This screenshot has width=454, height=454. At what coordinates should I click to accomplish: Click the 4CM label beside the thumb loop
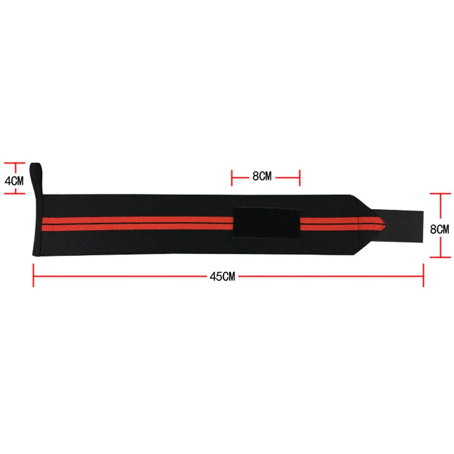(x=14, y=180)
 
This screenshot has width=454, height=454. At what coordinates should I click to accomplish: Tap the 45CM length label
(x=222, y=276)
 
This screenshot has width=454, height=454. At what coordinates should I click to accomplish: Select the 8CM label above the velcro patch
(x=262, y=176)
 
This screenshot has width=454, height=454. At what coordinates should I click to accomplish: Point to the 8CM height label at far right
(x=439, y=229)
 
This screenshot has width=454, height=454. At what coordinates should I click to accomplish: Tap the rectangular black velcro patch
(x=266, y=222)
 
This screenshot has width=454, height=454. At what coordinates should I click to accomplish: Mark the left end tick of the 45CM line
(x=33, y=275)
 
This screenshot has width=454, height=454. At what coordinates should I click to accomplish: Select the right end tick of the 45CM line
(x=423, y=275)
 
